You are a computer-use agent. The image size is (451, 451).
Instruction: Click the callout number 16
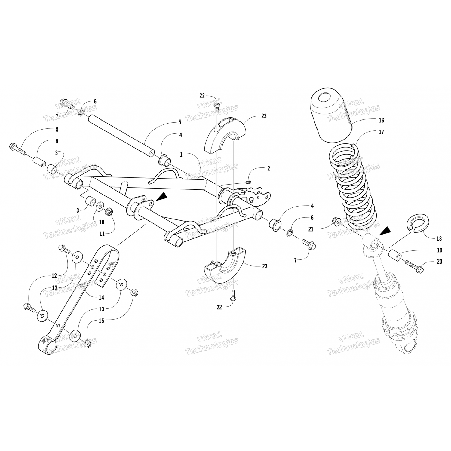381,120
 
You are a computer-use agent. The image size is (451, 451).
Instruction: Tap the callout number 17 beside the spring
381,132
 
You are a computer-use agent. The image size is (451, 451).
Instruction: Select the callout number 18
439,239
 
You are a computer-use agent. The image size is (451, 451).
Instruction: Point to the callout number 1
181,155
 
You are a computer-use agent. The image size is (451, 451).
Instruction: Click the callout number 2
268,169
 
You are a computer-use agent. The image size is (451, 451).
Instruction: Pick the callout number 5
179,122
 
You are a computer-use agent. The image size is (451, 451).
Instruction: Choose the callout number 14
101,298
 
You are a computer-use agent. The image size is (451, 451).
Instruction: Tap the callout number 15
101,321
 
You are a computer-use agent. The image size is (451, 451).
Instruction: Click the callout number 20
439,262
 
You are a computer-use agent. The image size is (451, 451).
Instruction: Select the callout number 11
102,233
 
